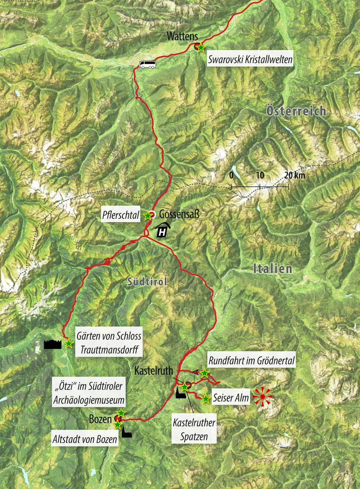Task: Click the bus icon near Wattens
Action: click(148, 64)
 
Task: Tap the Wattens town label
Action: click(182, 36)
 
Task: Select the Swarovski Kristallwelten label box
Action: click(250, 59)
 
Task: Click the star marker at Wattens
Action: click(201, 48)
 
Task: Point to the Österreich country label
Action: click(296, 111)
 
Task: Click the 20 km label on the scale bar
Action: click(294, 175)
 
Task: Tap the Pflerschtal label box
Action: click(121, 215)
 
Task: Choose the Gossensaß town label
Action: click(179, 214)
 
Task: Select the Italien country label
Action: click(273, 269)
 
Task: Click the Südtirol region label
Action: click(147, 281)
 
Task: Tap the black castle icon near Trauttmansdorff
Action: click(53, 344)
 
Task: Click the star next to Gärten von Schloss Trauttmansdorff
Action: click(68, 344)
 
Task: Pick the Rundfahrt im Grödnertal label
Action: click(252, 360)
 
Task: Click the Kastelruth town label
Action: click(154, 371)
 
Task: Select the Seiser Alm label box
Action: click(231, 398)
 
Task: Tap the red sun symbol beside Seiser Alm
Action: click(263, 397)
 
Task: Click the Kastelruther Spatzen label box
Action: click(194, 430)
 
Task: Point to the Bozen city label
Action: click(100, 419)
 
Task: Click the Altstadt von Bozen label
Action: click(85, 439)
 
